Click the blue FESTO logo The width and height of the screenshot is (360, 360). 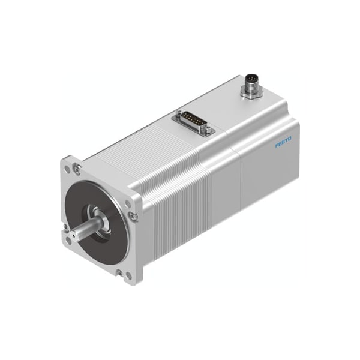tap(283, 142)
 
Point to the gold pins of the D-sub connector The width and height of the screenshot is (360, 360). tap(193, 121)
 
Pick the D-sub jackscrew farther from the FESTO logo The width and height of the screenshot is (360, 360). tap(179, 113)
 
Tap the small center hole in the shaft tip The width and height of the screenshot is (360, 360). tap(73, 236)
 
